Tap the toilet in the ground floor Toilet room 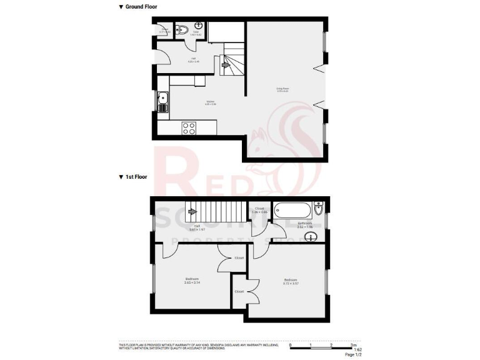click(179, 29)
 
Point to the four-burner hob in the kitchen click(189, 127)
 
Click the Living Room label click(283, 90)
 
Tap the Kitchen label click(211, 104)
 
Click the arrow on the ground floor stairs click(226, 64)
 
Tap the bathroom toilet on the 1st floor click(319, 208)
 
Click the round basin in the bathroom click(314, 236)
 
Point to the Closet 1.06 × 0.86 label click(259, 211)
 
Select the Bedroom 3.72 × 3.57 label click(291, 281)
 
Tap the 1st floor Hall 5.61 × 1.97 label click(197, 227)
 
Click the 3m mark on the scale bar click(354, 345)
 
